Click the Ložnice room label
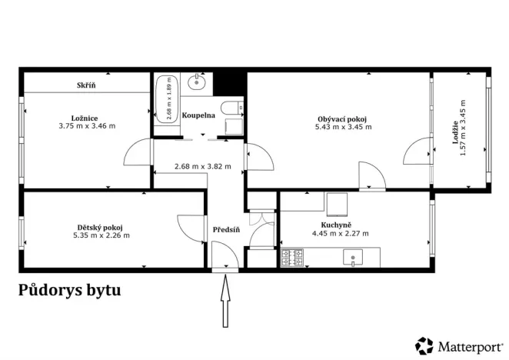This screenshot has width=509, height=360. coord(88,118)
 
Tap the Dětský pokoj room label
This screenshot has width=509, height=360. coord(101,227)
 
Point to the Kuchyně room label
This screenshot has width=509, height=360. coord(339,225)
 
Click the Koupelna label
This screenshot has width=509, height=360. coord(198,115)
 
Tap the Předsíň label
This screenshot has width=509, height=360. coord(227,229)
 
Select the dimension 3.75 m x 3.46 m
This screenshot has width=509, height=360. coord(88,126)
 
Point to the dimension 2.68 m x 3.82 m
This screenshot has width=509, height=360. coord(202,165)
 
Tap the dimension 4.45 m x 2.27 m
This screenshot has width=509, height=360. coord(340,233)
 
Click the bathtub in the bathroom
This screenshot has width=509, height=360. coord(166,105)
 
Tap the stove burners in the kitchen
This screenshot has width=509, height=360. coord(291,258)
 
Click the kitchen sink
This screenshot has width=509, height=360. coord(355,258)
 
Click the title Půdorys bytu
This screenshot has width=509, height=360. coord(69,291)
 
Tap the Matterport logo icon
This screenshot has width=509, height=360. coord(424,345)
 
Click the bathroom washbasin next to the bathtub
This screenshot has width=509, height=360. coord(198,82)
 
